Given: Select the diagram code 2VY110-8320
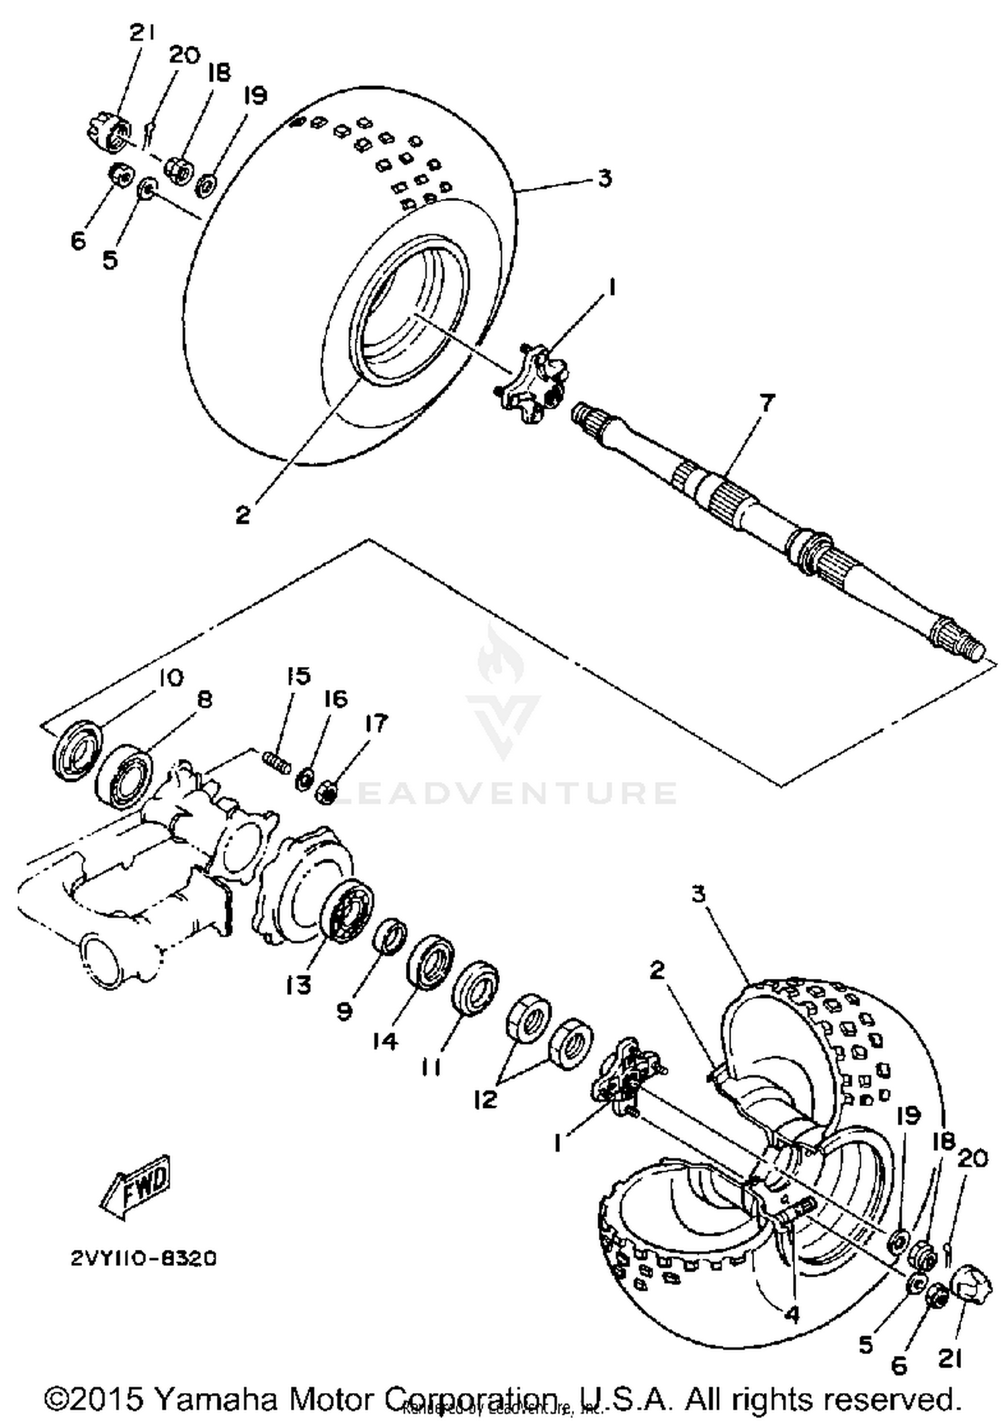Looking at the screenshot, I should [x=144, y=1258].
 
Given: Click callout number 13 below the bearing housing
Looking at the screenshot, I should [x=298, y=986].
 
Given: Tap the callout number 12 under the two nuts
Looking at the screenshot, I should [x=485, y=1099].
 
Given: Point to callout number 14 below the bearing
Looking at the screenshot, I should [x=386, y=1041].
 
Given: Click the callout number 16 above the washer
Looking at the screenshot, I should [x=335, y=699].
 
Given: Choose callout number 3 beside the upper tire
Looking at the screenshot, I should [x=604, y=178].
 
